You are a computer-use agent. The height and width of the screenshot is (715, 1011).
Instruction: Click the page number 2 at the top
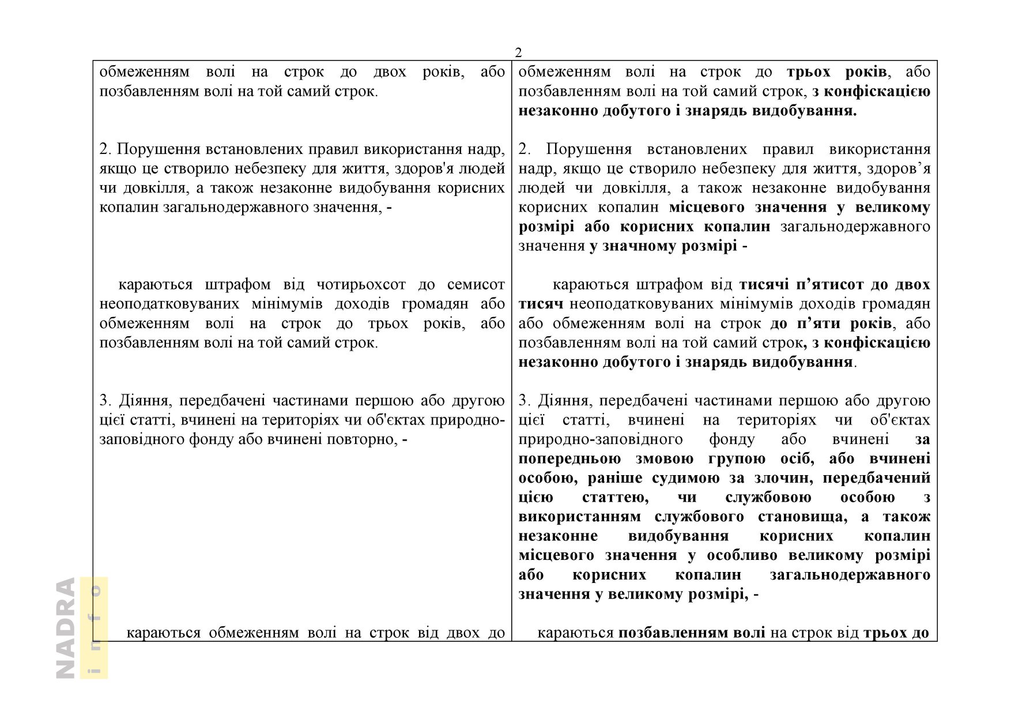tap(518, 53)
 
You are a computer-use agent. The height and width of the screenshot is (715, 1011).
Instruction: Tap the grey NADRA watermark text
tap(66, 627)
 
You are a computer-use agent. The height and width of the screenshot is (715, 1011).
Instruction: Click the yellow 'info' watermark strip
tap(94, 627)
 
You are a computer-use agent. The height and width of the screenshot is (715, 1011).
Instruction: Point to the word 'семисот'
tap(476, 285)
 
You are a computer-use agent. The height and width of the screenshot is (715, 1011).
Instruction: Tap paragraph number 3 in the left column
tap(104, 401)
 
